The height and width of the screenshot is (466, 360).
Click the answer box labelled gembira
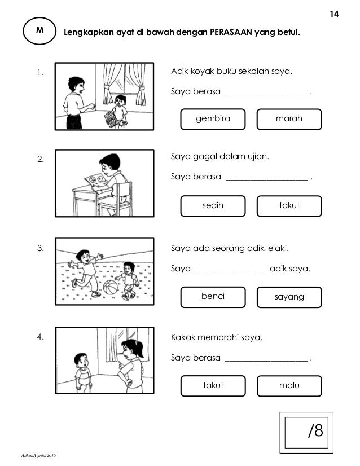pyautogui.click(x=213, y=119)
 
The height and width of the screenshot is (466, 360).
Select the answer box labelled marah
pyautogui.click(x=289, y=119)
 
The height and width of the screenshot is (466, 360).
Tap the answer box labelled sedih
pyautogui.click(x=213, y=206)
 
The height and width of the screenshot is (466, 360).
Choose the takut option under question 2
pyautogui.click(x=289, y=206)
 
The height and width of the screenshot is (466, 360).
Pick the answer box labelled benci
pyautogui.click(x=213, y=296)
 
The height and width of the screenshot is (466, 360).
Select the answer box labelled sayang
pyautogui.click(x=289, y=297)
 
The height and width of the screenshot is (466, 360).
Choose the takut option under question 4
pyautogui.click(x=213, y=386)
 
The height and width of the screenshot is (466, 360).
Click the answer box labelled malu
pyautogui.click(x=289, y=386)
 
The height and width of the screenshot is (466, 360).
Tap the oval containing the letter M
pyautogui.click(x=39, y=32)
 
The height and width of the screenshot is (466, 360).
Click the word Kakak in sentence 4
pyautogui.click(x=182, y=338)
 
